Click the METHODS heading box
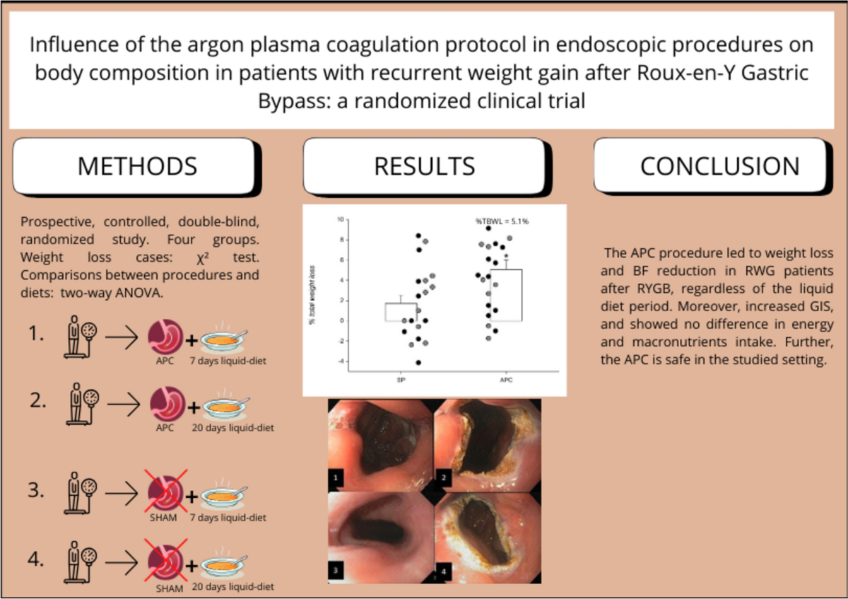pyautogui.click(x=136, y=166)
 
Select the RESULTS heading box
pyautogui.click(x=424, y=166)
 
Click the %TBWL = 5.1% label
pyautogui.click(x=502, y=222)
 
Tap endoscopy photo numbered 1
pyautogui.click(x=381, y=445)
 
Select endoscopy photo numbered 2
pyautogui.click(x=488, y=445)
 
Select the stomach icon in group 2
pyautogui.click(x=164, y=405)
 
